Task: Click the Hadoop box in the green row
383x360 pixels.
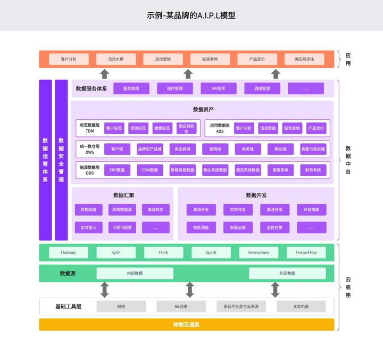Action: [69, 252]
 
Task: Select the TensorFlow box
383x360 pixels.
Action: [306, 252]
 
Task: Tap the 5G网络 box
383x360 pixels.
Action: [181, 307]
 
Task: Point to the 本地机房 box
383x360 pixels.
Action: [301, 307]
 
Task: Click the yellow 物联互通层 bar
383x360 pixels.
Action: [186, 324]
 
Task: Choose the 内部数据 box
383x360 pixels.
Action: [135, 273]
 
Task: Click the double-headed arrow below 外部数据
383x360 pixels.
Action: [275, 290]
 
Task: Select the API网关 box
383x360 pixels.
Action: [218, 88]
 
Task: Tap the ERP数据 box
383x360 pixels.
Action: [117, 170]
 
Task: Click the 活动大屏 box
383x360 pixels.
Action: [115, 59]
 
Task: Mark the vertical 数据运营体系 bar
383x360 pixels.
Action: [45, 160]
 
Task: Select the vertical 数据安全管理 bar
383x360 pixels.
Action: [61, 160]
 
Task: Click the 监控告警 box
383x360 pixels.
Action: [275, 227]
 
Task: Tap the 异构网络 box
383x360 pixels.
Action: [88, 210]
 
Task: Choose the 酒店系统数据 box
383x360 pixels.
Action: [247, 170]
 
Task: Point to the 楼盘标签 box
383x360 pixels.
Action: [162, 128]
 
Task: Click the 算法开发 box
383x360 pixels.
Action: [275, 210]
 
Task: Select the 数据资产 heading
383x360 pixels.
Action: [203, 110]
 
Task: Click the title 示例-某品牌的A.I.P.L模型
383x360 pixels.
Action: [191, 15]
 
